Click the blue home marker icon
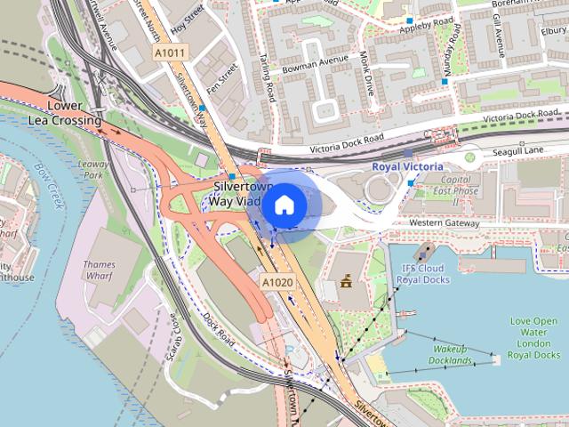[x=284, y=205]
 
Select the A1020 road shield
[x=276, y=281]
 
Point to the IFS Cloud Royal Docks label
[x=421, y=273]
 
